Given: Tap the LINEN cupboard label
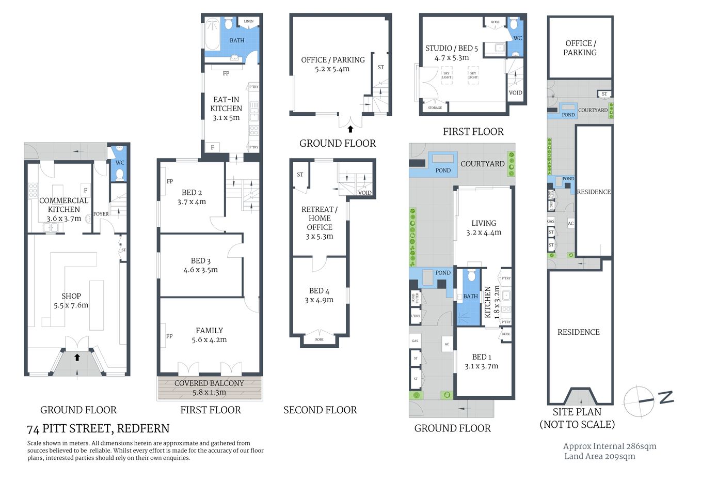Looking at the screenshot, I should pyautogui.click(x=249, y=22).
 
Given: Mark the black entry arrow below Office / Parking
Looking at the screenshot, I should pyautogui.click(x=351, y=129).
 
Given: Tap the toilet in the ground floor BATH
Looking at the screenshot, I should pyautogui.click(x=471, y=276).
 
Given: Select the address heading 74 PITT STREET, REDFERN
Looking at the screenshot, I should pyautogui.click(x=98, y=428).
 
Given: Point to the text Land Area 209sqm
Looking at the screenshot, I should pyautogui.click(x=599, y=456).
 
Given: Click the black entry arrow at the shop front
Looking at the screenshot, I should pyautogui.click(x=77, y=357).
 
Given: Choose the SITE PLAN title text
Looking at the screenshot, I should pyautogui.click(x=577, y=412).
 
